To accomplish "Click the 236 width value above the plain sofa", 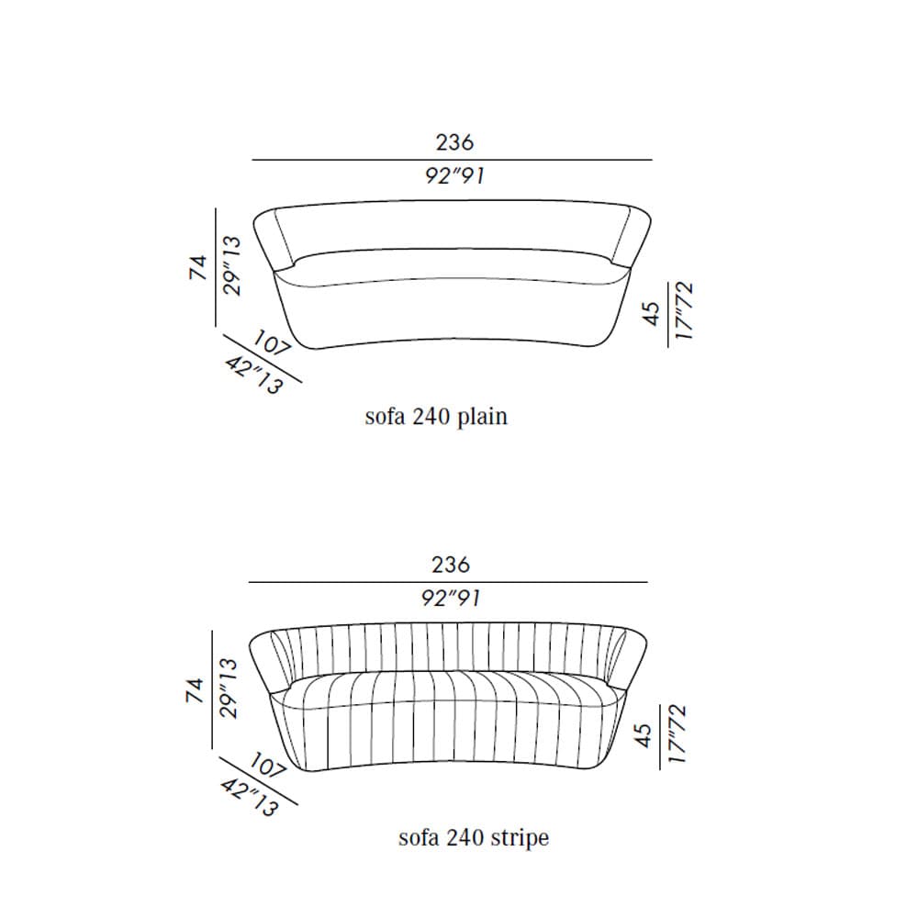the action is [x=454, y=142].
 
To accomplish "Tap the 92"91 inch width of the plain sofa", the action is [x=455, y=175].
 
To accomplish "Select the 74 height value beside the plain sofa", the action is [x=198, y=267].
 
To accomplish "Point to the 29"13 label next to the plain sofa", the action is [x=231, y=266].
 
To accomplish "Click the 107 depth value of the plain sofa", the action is [x=273, y=343].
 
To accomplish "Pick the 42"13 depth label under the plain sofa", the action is [x=254, y=375].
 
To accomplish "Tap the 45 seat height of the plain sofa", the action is [x=651, y=314].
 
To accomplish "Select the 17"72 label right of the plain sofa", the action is [x=684, y=310].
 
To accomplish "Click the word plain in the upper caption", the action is [x=482, y=417].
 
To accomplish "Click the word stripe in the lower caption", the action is [x=520, y=838].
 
